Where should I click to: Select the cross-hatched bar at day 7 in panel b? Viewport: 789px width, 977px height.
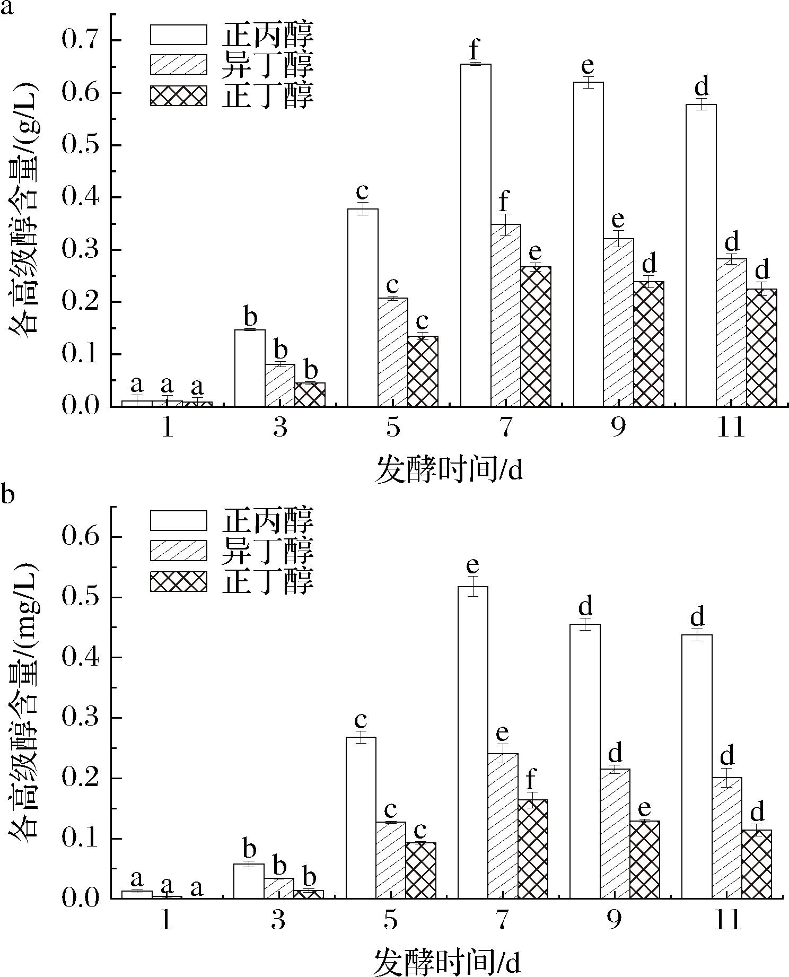coord(533,849)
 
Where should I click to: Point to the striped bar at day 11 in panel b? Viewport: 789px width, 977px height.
coord(726,838)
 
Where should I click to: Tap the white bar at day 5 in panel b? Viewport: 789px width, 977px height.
coord(361,817)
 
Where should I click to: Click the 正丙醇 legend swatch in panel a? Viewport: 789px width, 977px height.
coord(178,34)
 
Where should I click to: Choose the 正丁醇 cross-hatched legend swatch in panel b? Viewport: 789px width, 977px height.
coord(178,581)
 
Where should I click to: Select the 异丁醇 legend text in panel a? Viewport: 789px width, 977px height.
coord(268,65)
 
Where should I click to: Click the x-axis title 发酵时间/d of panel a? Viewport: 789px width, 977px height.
coord(450,470)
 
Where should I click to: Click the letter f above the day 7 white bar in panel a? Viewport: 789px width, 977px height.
coord(475,51)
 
